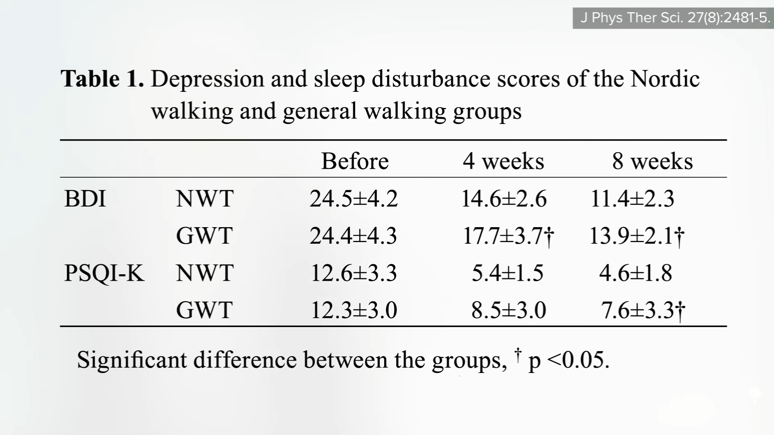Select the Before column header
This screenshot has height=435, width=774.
tap(355, 161)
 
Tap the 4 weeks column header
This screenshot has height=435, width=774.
tap(503, 161)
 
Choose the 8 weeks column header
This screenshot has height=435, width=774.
tap(652, 161)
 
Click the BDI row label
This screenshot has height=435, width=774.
tap(85, 199)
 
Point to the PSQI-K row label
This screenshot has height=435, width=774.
tap(104, 273)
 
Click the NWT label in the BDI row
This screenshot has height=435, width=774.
tap(204, 199)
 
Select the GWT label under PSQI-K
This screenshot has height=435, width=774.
tap(204, 310)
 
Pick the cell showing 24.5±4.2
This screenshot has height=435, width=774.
tap(354, 199)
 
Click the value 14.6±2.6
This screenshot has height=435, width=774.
tap(504, 199)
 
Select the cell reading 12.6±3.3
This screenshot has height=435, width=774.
tap(354, 273)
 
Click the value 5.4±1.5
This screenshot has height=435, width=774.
tap(508, 273)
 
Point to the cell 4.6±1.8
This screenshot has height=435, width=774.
tap(635, 273)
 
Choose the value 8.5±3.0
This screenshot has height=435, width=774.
tap(508, 310)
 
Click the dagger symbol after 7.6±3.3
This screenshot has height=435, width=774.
tap(680, 311)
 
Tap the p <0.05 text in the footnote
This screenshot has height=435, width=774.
tap(568, 360)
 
